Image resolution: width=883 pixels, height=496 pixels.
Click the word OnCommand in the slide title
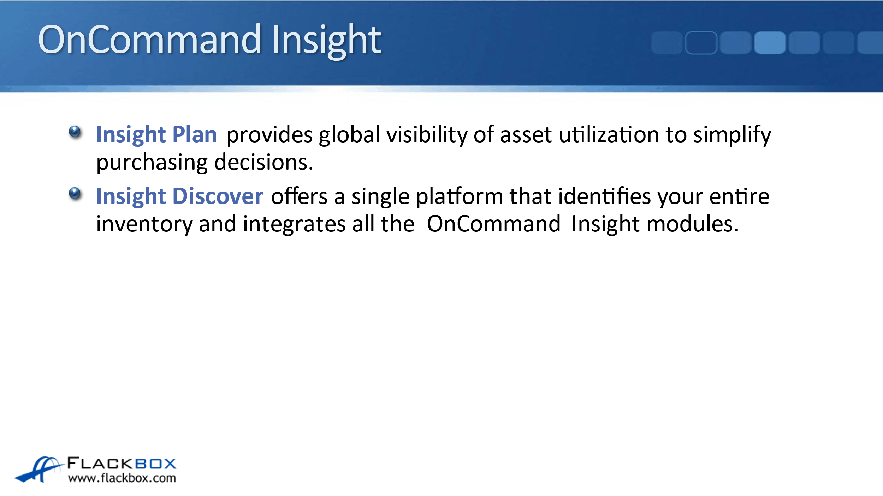149,40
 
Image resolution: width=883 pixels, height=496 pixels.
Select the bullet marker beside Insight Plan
75,132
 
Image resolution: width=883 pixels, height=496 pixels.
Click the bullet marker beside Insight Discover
75,194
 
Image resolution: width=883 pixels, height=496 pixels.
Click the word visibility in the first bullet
427,135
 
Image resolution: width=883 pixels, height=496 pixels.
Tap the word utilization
609,134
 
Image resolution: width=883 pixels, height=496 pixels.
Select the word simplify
732,135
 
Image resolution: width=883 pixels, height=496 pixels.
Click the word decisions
264,162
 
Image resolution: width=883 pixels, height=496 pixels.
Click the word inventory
144,225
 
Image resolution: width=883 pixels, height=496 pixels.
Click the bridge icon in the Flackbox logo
39,469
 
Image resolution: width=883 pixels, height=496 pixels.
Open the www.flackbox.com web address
122,478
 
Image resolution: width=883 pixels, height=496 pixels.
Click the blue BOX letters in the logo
156,463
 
